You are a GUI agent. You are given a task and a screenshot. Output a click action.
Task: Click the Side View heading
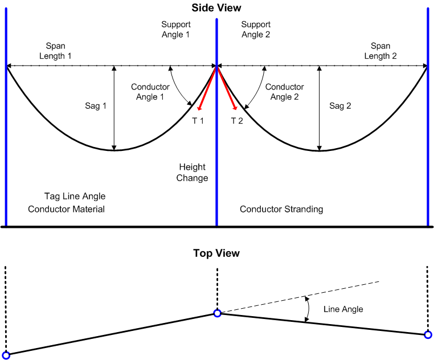216,8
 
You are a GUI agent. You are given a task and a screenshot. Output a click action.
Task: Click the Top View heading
216,253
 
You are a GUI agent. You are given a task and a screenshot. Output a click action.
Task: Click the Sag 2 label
341,106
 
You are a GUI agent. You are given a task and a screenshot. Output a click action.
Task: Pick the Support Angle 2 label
256,30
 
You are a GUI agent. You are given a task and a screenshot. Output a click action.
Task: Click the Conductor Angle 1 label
150,92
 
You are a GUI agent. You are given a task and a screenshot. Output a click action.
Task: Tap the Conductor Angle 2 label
284,92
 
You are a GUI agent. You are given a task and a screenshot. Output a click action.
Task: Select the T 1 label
197,120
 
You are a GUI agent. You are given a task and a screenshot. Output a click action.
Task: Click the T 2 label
237,120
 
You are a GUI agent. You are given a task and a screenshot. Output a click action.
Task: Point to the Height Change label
193,173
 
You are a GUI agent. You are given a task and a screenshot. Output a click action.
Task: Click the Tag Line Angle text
75,197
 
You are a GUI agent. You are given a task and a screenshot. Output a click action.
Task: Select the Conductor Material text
66,209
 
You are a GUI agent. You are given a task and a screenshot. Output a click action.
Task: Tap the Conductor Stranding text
281,209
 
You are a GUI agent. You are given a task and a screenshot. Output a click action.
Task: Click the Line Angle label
343,309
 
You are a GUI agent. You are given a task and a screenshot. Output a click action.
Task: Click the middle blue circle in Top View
217,313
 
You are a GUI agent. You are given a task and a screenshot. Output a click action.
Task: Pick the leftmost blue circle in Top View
6,355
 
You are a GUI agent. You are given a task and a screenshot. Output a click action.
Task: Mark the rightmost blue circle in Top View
428,335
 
